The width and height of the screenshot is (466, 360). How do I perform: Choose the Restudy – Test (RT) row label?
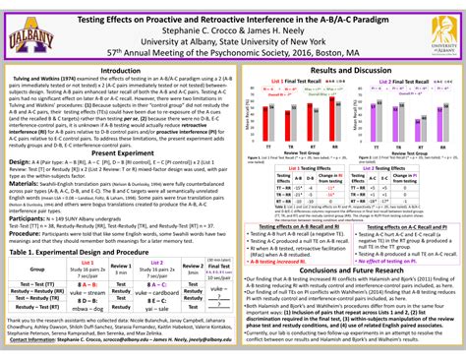pyautogui.click(x=37, y=302)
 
